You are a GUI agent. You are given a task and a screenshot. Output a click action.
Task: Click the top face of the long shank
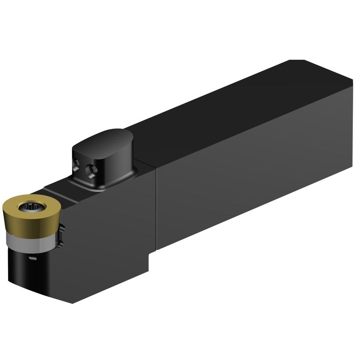(x=236, y=110)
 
